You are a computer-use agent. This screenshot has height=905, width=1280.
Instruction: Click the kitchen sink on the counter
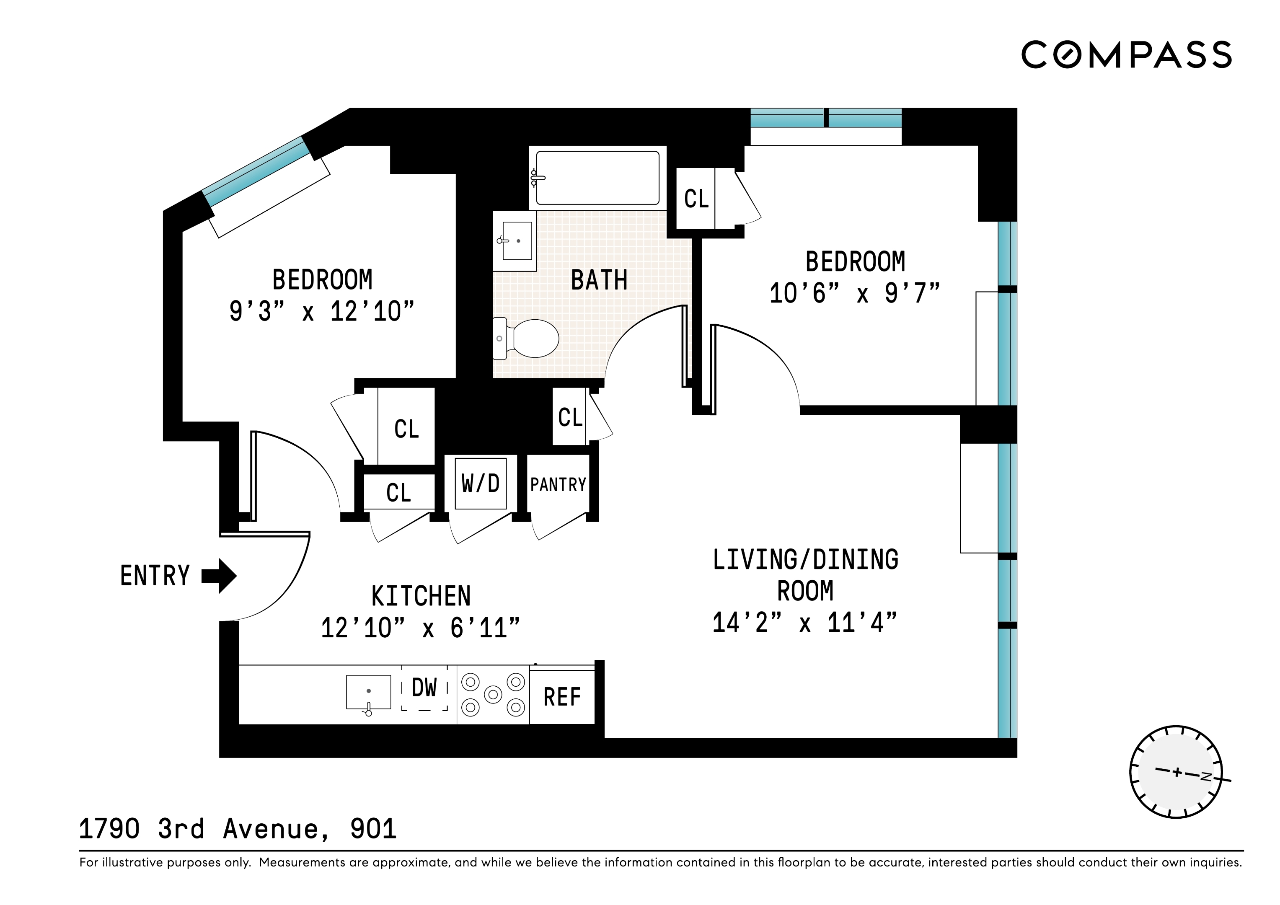click(369, 693)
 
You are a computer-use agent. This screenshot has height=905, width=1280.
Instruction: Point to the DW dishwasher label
click(424, 688)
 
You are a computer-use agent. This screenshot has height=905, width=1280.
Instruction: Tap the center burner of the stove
click(493, 695)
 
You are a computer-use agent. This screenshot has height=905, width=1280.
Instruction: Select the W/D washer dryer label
click(480, 484)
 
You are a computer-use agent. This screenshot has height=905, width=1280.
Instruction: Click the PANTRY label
click(558, 485)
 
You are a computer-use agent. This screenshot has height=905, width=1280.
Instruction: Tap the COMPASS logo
click(1126, 54)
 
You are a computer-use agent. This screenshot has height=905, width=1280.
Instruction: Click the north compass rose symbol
click(1177, 772)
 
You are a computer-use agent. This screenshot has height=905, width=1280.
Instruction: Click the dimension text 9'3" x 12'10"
click(322, 311)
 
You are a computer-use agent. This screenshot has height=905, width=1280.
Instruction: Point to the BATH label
click(599, 280)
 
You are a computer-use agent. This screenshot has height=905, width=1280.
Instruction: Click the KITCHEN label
click(421, 596)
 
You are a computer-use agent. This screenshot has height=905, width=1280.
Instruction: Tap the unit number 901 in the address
click(373, 829)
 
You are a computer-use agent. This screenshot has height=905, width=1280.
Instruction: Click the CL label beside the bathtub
click(696, 199)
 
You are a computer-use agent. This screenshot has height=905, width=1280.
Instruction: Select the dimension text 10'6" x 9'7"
click(855, 293)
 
